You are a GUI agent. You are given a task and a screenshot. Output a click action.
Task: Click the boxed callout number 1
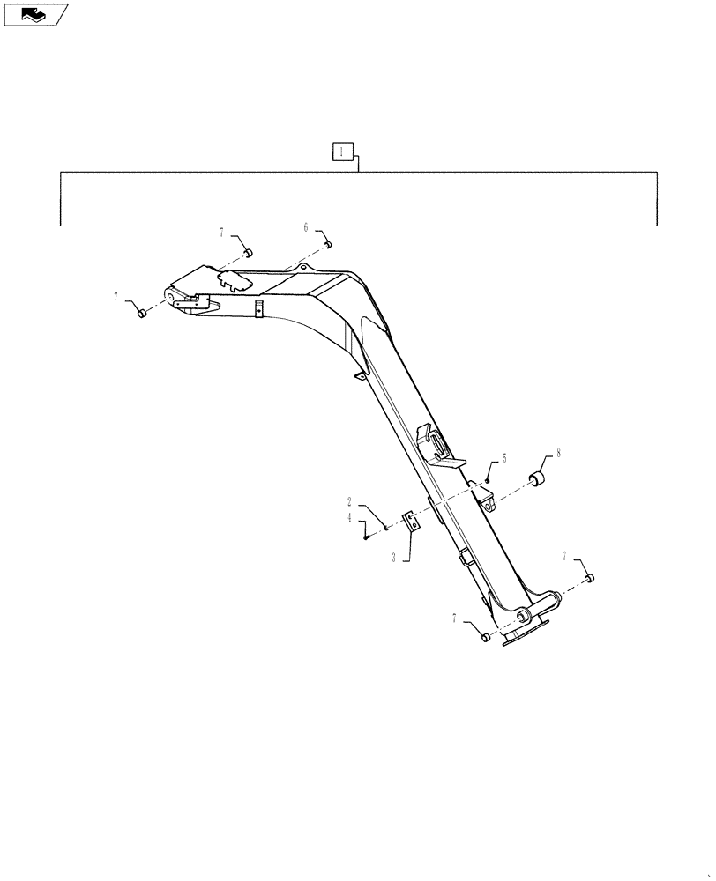pyautogui.click(x=342, y=152)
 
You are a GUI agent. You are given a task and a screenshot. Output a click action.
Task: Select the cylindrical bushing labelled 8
pyautogui.click(x=538, y=480)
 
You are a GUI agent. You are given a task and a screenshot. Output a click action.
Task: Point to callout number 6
pyautogui.click(x=306, y=227)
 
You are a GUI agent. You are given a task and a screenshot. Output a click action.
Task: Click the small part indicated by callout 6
pyautogui.click(x=326, y=244)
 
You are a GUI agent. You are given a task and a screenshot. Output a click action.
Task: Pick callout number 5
pyautogui.click(x=504, y=458)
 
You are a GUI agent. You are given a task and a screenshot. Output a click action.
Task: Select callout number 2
pyautogui.click(x=350, y=500)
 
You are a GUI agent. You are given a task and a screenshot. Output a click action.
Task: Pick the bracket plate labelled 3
pyautogui.click(x=410, y=521)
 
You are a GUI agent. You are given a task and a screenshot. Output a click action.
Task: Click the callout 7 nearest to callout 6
pyautogui.click(x=223, y=232)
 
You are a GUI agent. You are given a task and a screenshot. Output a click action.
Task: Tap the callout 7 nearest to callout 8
pyautogui.click(x=564, y=556)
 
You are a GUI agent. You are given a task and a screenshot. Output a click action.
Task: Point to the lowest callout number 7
pyautogui.click(x=455, y=619)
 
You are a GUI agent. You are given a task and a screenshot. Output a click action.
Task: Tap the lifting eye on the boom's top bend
pyautogui.click(x=302, y=266)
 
